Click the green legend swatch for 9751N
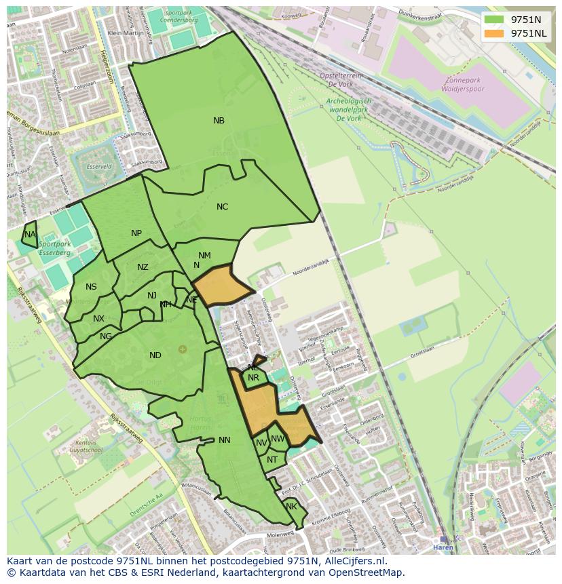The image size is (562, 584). coord(495,20)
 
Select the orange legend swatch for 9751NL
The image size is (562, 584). coord(495,33)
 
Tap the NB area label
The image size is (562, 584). coord(219,121)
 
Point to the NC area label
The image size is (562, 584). coord(222,207)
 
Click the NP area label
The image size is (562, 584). coord(136,233)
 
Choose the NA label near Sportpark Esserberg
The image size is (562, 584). coord(29,235)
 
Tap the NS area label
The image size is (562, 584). coord(91,287)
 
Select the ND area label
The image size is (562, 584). coord(155,355)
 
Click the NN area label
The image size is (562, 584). coord(225,440)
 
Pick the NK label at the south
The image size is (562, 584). coord(291,507)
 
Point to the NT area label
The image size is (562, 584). coord(272,460)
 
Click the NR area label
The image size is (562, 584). coord(253,378)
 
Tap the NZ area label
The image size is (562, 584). coord(143,267)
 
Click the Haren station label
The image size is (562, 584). coord(443,547)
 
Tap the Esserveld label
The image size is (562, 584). coord(99,166)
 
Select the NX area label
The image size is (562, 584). coord(99,319)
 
